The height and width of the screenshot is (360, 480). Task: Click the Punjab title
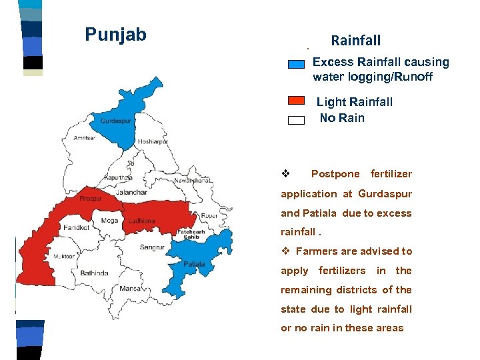pos(115,35)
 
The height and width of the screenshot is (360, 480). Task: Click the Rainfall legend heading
pos(355,41)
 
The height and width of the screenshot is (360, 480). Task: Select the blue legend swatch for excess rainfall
pos(297,65)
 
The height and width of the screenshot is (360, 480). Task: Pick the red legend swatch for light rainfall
pos(297,101)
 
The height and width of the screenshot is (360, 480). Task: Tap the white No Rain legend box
pos(297,120)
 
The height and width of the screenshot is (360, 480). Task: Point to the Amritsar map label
pos(85,138)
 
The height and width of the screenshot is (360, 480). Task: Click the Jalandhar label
pos(131,193)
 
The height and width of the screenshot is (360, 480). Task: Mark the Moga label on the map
pos(109,221)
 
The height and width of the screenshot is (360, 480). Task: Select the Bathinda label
pos(94,273)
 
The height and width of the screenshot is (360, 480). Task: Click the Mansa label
pos(131,289)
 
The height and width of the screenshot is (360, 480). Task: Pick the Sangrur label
pos(152,247)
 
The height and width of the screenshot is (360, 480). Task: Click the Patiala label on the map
pos(194,265)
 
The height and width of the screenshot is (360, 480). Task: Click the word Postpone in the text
pos(335,174)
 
